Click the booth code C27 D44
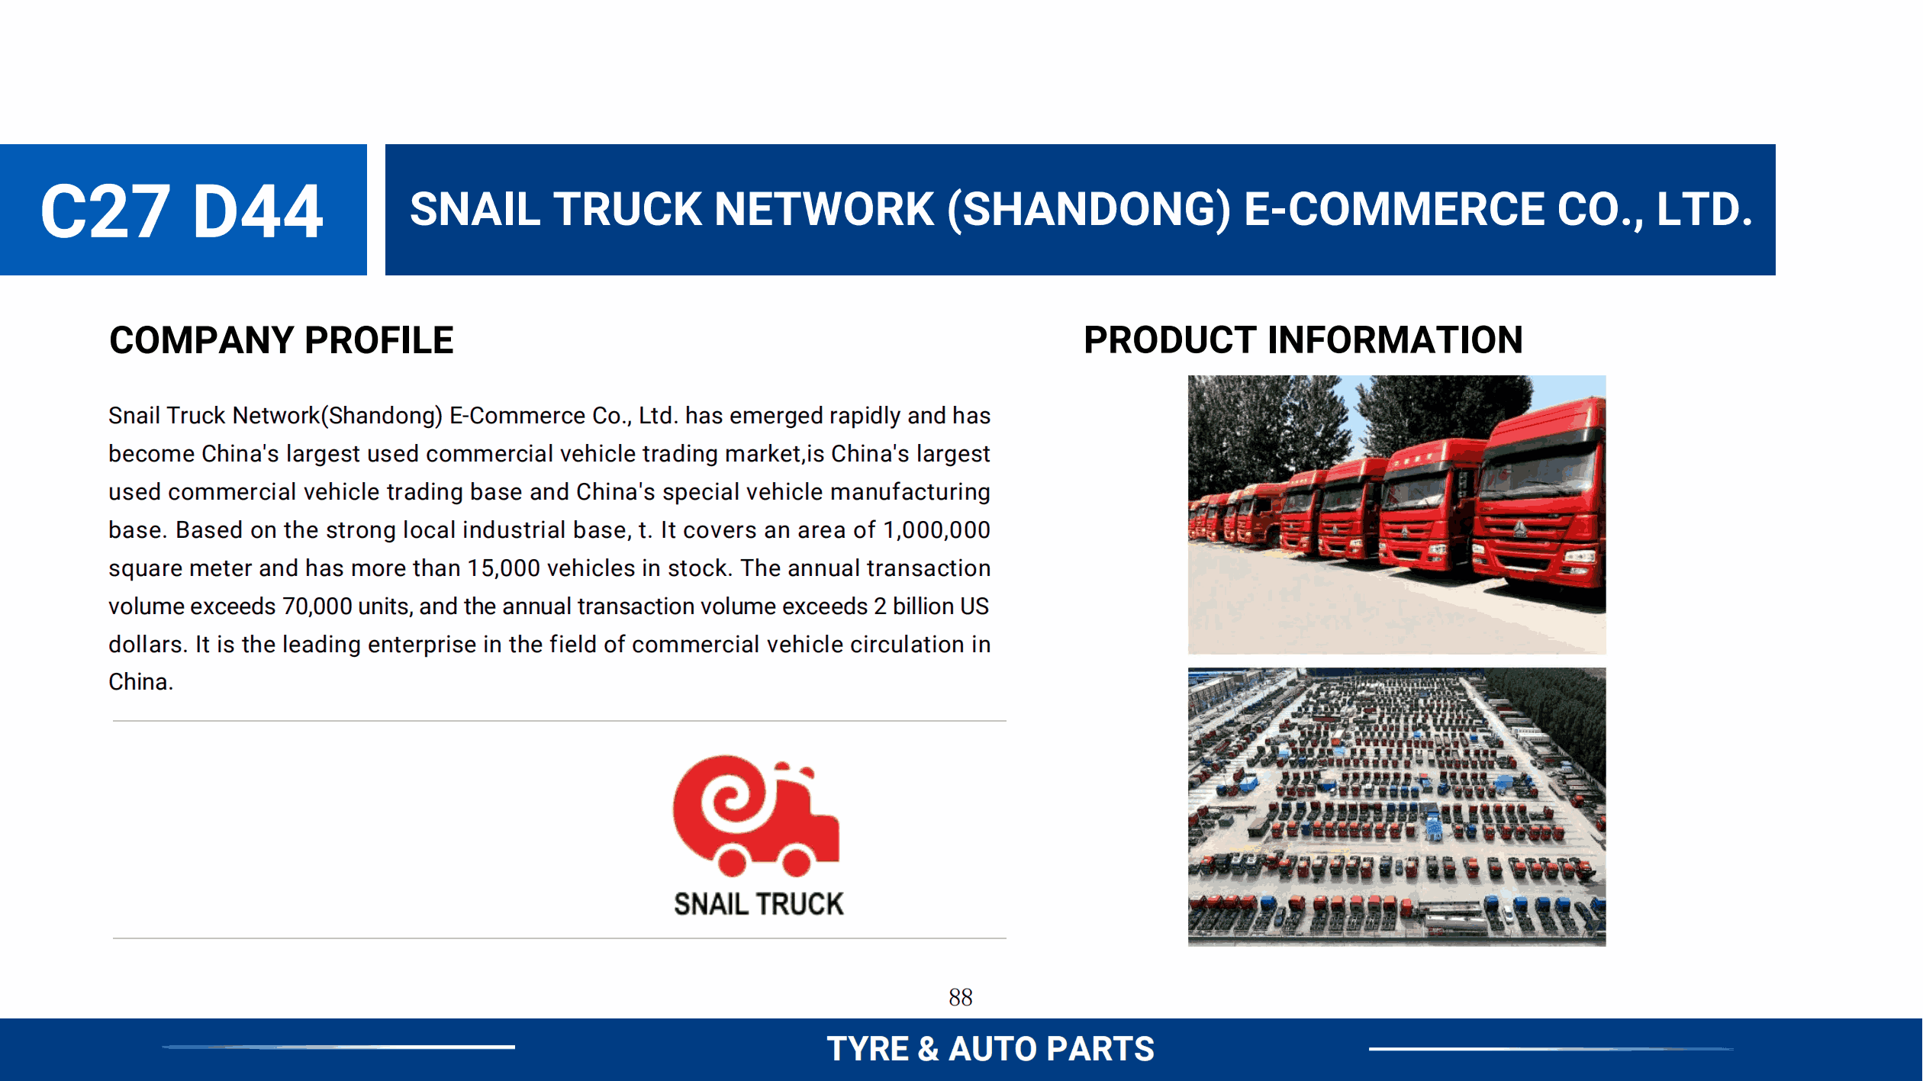tap(182, 211)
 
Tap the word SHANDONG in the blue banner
tap(1089, 210)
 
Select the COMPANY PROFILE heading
tap(282, 340)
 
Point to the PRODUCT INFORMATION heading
tap(1303, 340)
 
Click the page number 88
tap(961, 997)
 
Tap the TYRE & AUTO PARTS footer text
tap(990, 1049)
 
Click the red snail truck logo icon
tap(756, 816)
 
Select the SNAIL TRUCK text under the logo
tap(759, 904)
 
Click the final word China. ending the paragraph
tap(141, 682)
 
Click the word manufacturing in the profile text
tap(910, 492)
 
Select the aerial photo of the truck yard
tap(1396, 807)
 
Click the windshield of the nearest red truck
tap(1534, 473)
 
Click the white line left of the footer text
tap(339, 1047)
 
